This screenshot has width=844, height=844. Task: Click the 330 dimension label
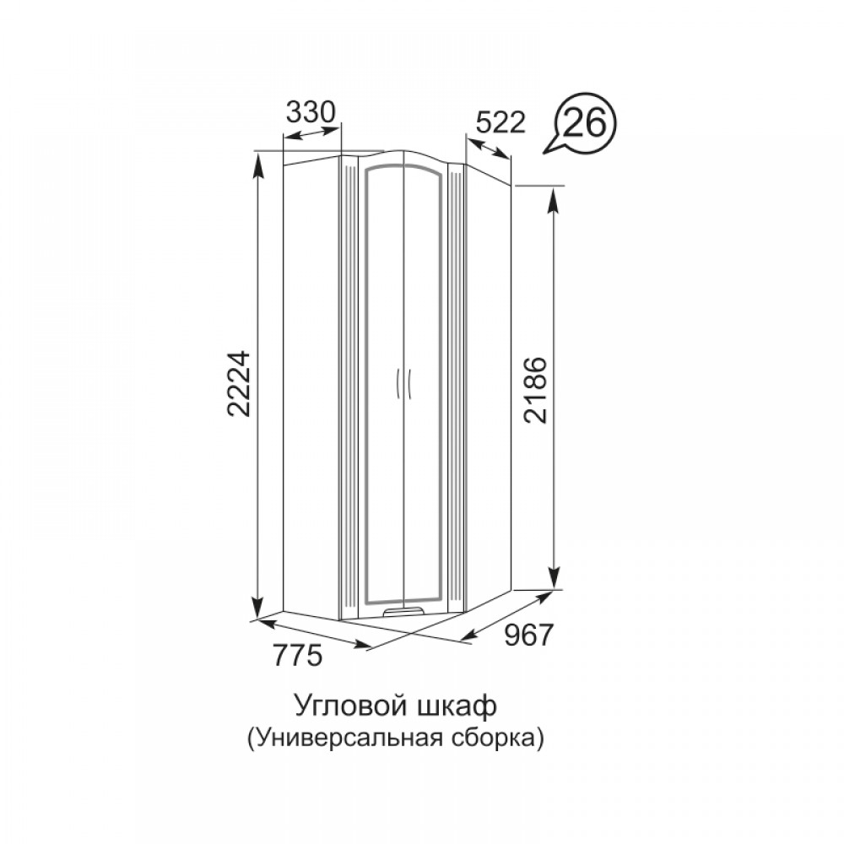point(311,112)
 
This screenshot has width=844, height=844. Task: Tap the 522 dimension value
point(500,122)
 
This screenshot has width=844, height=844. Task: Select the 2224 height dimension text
point(239,384)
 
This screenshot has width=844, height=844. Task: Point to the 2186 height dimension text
point(536,389)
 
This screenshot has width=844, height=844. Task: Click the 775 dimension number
point(298,655)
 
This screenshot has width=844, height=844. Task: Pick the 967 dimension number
point(528,636)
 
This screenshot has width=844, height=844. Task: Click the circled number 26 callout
point(585,124)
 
